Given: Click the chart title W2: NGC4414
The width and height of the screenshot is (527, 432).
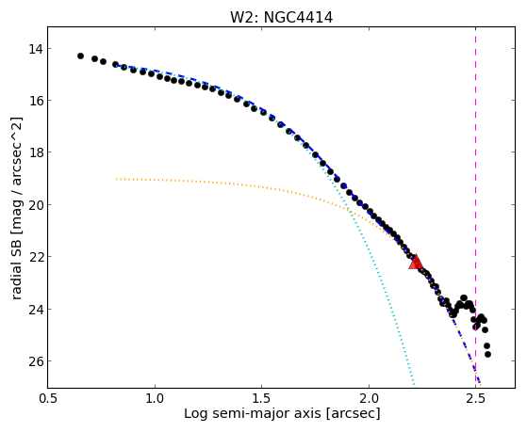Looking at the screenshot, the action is pyautogui.click(x=281, y=18).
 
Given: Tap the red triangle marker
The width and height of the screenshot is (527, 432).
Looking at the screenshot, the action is pyautogui.click(x=416, y=263).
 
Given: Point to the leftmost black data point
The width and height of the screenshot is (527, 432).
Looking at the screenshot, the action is pyautogui.click(x=80, y=56).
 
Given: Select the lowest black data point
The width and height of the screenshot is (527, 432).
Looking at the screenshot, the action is pyautogui.click(x=487, y=354).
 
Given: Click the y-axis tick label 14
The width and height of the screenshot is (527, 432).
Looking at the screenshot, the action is pyautogui.click(x=36, y=49).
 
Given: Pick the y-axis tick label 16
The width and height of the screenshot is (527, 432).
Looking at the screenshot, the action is pyautogui.click(x=36, y=101).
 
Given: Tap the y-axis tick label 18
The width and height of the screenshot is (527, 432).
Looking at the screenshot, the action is pyautogui.click(x=36, y=152).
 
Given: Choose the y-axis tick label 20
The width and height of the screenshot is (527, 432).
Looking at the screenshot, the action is pyautogui.click(x=36, y=205).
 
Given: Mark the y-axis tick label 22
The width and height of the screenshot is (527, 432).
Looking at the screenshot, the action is pyautogui.click(x=36, y=257).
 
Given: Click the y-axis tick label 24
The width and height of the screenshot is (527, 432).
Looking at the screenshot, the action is pyautogui.click(x=36, y=309).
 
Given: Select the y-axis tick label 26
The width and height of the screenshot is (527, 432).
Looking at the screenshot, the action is pyautogui.click(x=36, y=361).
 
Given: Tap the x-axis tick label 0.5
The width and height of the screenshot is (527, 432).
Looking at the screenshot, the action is pyautogui.click(x=48, y=398).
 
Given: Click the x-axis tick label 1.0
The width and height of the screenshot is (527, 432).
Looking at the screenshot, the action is pyautogui.click(x=155, y=398).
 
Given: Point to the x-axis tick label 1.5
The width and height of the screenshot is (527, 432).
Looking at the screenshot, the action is pyautogui.click(x=262, y=398).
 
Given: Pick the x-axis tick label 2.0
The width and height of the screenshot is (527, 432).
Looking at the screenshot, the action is pyautogui.click(x=369, y=398).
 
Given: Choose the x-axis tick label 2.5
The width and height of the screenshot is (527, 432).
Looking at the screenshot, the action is pyautogui.click(x=475, y=398).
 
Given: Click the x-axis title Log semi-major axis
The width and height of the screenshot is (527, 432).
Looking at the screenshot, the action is pyautogui.click(x=253, y=413).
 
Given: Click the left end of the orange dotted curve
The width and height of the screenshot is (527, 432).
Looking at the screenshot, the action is pyautogui.click(x=116, y=179).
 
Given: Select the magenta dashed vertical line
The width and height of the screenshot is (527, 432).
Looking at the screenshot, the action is pyautogui.click(x=475, y=207).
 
